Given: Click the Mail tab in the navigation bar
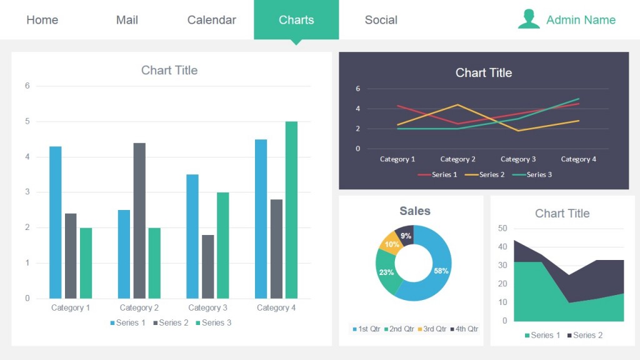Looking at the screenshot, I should (x=127, y=20).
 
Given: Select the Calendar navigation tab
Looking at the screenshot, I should (x=211, y=20).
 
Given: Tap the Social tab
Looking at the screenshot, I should (x=381, y=20).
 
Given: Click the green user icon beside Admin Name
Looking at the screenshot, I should (x=529, y=19).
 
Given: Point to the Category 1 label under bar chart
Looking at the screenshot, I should (x=71, y=307).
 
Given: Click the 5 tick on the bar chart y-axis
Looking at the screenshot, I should (x=27, y=121).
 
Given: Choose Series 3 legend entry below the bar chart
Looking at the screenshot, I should (x=213, y=322).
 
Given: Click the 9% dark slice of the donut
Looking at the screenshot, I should (x=405, y=235).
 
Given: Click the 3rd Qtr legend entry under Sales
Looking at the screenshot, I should (x=432, y=329).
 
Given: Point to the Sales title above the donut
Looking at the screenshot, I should (x=415, y=211).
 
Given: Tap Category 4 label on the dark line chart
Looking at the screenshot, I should (x=578, y=159).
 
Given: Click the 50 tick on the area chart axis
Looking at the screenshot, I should (x=502, y=228).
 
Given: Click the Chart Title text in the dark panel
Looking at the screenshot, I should (x=484, y=72).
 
